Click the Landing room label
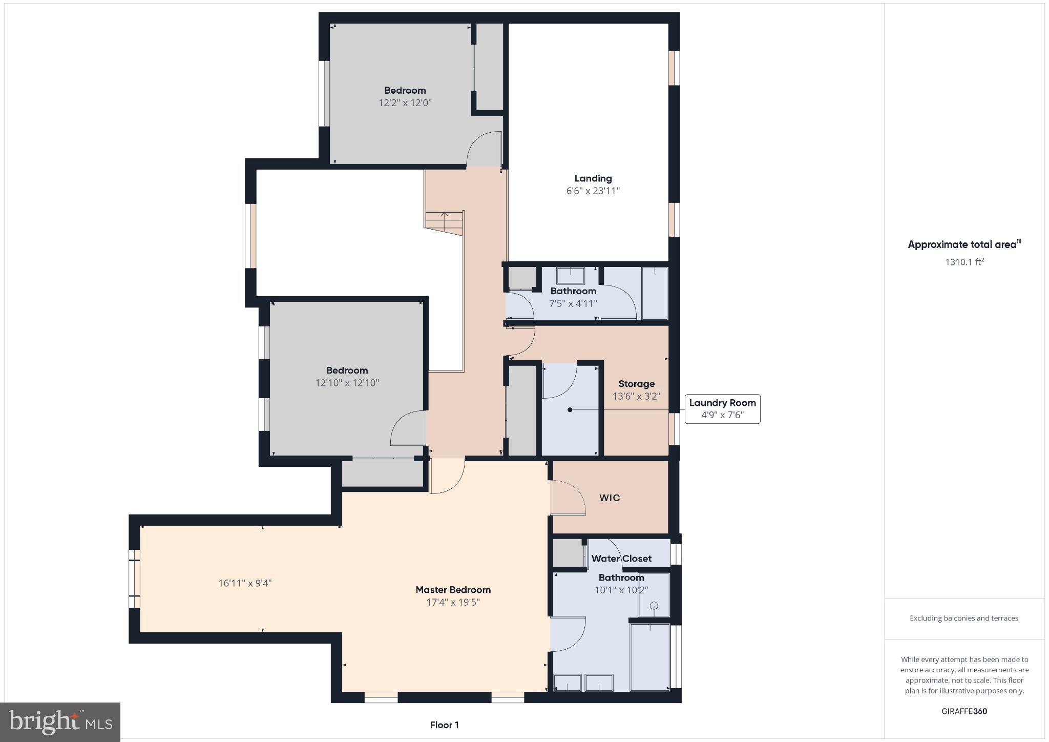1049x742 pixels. [x=593, y=178]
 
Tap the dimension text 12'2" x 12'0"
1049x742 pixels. [x=405, y=102]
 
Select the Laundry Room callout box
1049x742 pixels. [x=722, y=409]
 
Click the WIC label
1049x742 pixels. [x=610, y=498]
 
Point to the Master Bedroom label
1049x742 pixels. [x=453, y=590]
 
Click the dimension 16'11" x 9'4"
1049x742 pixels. [x=245, y=583]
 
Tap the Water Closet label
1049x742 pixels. [x=621, y=559]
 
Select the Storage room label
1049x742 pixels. [x=636, y=384]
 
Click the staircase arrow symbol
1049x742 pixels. [x=444, y=216]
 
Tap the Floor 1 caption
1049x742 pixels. [x=444, y=725]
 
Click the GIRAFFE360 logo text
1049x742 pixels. [x=964, y=711]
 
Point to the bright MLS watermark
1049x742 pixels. [x=60, y=722]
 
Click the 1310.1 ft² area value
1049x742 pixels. [x=964, y=262]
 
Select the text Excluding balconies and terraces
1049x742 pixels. [x=963, y=618]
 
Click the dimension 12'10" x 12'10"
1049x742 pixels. [x=347, y=383]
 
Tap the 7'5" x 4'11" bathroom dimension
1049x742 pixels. [x=573, y=303]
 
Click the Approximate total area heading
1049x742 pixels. [x=963, y=244]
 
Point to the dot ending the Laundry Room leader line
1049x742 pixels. [x=570, y=410]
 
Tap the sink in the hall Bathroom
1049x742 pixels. [x=570, y=276]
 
